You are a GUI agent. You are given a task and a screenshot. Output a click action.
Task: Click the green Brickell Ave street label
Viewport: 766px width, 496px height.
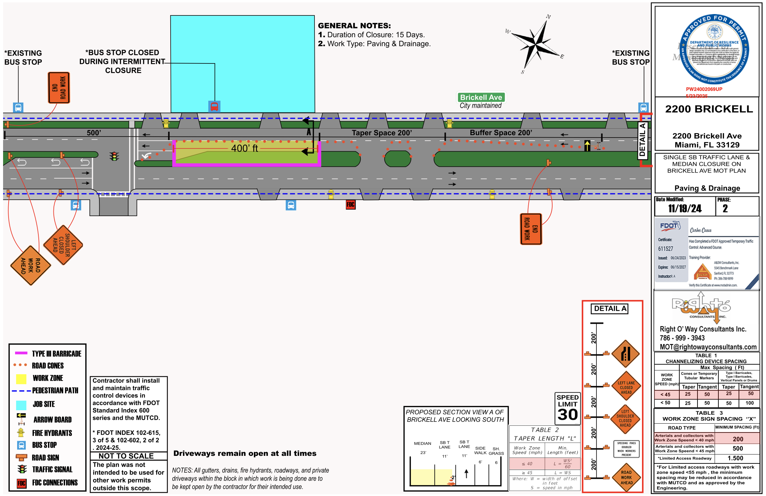tap(481, 97)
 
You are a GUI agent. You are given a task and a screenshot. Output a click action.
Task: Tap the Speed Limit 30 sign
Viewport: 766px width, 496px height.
tap(567, 408)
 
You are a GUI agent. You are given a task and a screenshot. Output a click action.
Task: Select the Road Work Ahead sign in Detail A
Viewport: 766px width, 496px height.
tap(626, 477)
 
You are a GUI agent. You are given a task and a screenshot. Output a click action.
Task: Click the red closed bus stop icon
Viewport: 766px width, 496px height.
tap(214, 106)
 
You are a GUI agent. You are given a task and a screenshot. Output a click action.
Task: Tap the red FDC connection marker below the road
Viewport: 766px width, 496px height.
tap(350, 205)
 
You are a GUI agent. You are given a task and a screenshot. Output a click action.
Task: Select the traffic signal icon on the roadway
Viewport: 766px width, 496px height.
tap(114, 156)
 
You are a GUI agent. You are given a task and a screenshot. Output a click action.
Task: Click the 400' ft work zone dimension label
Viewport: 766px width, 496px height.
tap(244, 148)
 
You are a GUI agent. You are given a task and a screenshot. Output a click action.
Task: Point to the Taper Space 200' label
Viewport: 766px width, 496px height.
tap(382, 133)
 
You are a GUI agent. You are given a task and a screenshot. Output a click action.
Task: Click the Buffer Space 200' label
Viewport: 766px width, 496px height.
tap(501, 133)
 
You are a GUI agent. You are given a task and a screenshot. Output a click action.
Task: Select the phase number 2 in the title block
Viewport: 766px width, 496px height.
tap(725, 209)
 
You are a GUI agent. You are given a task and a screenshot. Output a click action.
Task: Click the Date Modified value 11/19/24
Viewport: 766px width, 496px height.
tap(684, 209)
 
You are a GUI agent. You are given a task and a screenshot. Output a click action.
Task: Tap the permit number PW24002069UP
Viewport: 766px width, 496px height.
tap(704, 89)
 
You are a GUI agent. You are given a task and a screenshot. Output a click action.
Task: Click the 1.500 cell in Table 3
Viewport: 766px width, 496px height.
tap(738, 458)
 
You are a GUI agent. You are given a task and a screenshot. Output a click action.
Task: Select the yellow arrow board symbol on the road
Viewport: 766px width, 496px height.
tap(587, 145)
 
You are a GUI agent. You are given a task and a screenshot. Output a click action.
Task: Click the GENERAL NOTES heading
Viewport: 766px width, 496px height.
tap(354, 26)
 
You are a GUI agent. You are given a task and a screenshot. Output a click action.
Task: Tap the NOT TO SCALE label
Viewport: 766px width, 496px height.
tap(126, 456)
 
